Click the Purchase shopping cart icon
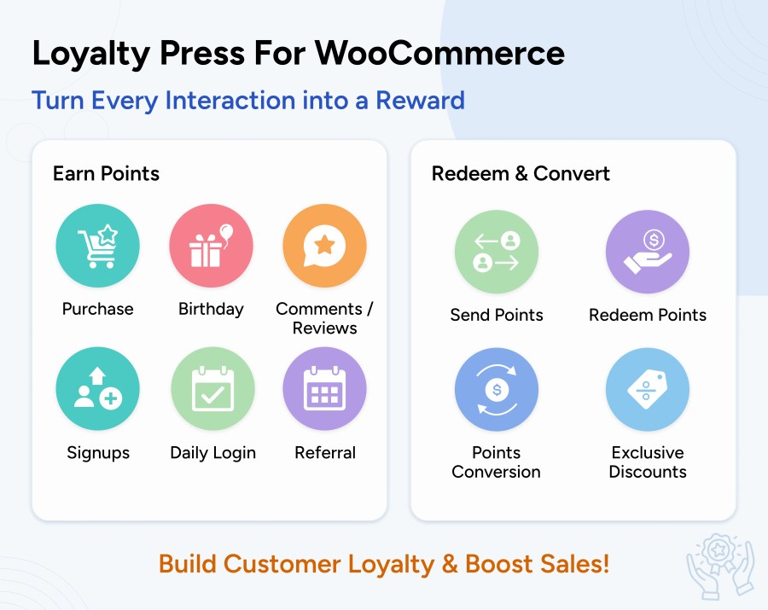click(97, 246)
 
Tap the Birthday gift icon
click(211, 246)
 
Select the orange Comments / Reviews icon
click(325, 246)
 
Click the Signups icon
click(97, 389)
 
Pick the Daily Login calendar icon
click(213, 389)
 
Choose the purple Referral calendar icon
click(325, 389)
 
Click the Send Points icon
click(497, 252)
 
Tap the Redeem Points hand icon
click(648, 252)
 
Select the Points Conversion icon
click(497, 390)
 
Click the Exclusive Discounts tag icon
click(648, 390)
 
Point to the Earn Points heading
click(107, 174)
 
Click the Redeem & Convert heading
click(521, 174)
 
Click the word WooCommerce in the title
click(439, 53)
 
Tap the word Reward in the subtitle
click(420, 101)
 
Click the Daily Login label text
click(213, 453)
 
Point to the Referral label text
click(325, 453)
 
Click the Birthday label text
click(211, 310)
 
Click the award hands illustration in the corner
click(720, 566)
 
